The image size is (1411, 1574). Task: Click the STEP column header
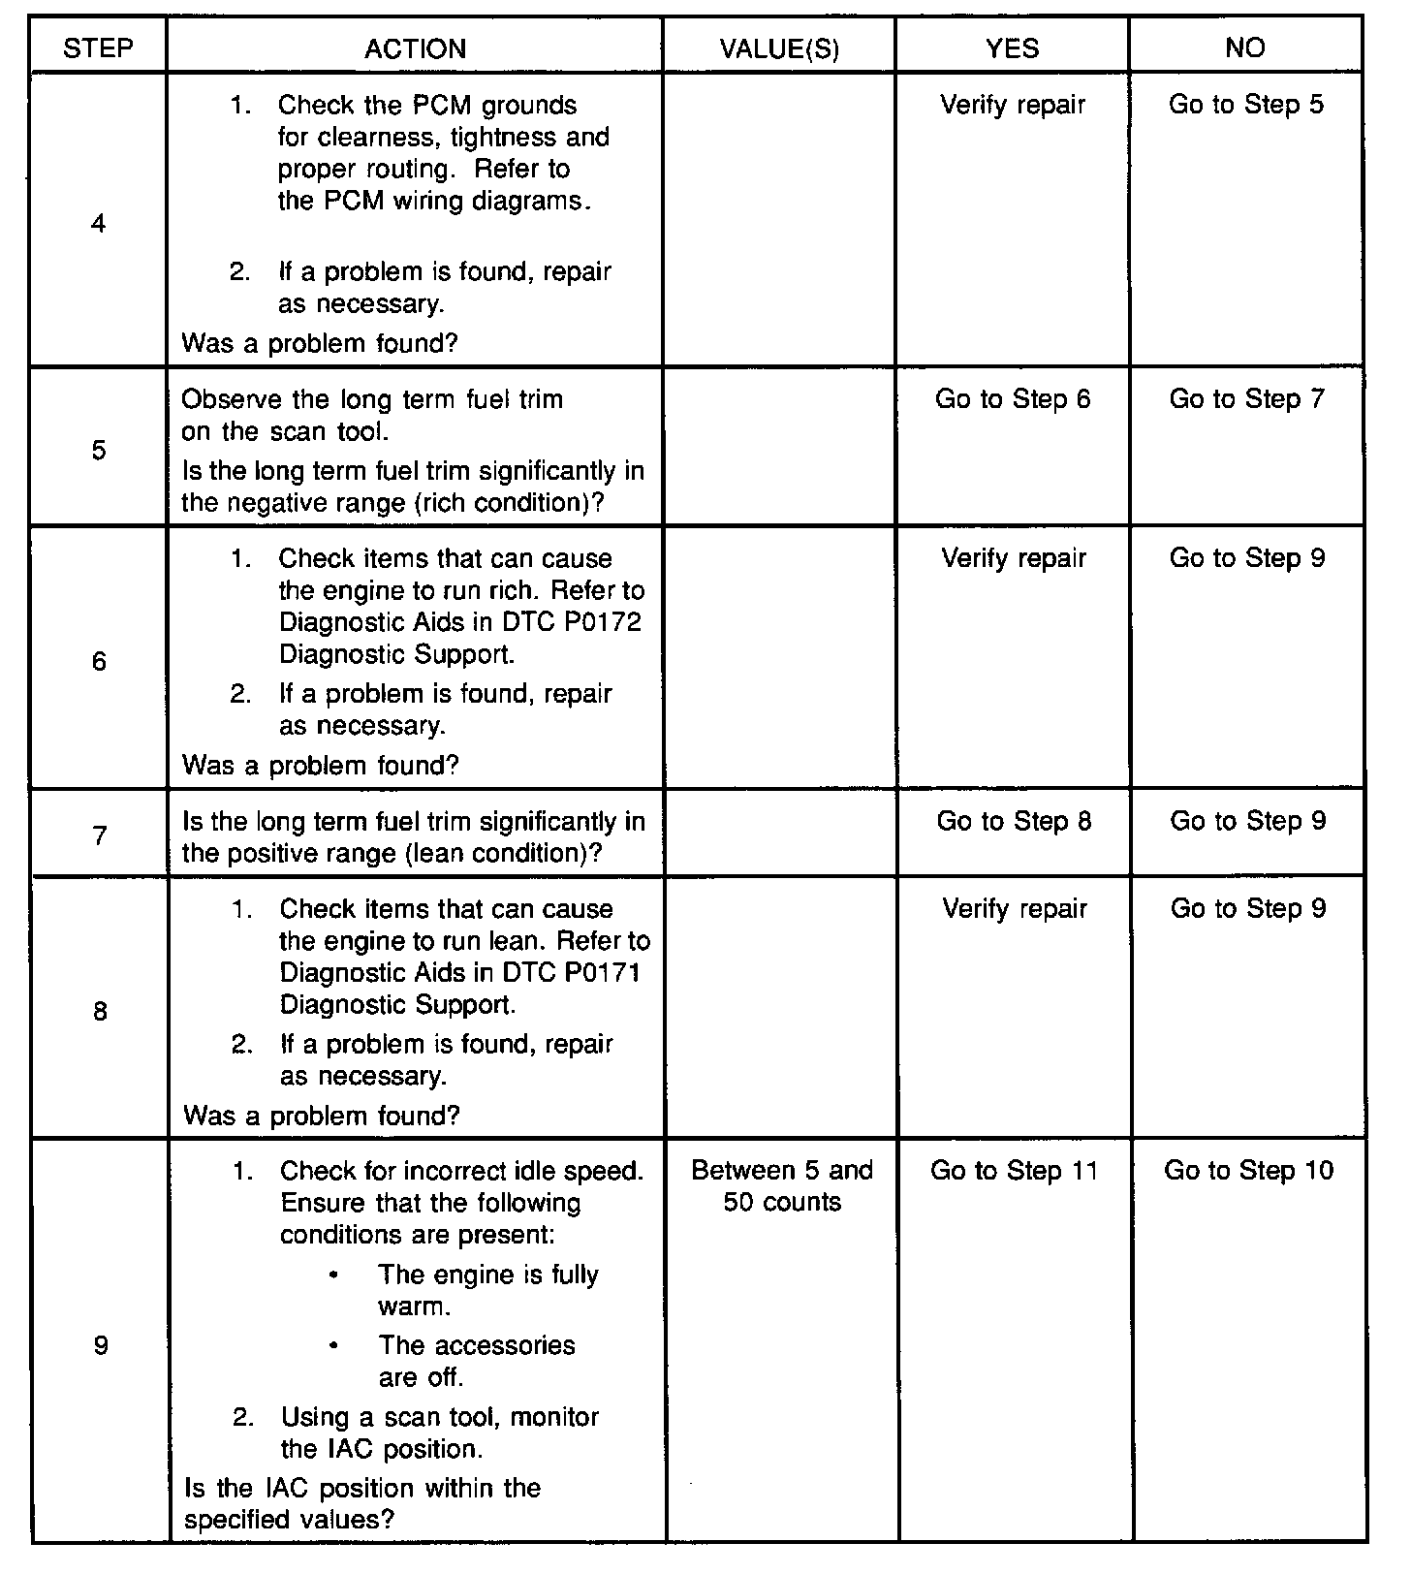coord(98,48)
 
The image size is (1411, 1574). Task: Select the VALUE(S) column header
coord(779,48)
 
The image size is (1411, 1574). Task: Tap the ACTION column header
coord(415,48)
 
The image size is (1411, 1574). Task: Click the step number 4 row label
coord(98,225)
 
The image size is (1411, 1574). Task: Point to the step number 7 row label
coord(100,835)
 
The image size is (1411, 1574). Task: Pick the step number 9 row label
coord(101,1345)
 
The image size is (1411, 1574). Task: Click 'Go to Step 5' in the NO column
coord(1245,105)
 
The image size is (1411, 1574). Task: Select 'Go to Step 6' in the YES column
coord(1013,399)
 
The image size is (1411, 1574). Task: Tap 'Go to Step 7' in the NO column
coord(1246,399)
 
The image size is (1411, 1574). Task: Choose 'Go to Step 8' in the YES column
coord(1014,822)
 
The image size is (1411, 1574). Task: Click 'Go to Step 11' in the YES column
coord(1015,1171)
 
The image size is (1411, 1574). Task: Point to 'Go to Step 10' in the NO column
coord(1248,1171)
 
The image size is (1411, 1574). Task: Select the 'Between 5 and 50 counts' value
coord(782,1186)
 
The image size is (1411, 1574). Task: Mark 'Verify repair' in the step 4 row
coord(1013,105)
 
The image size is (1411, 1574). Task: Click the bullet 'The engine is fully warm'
coord(487,1290)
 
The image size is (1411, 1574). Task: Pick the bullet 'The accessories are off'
coord(476,1361)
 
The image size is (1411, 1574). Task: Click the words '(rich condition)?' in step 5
coord(526,503)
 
